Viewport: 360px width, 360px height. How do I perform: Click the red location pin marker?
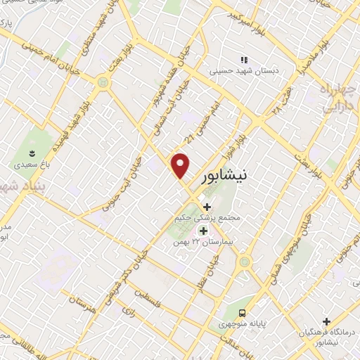tap(181, 166)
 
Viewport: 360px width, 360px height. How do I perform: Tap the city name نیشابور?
tap(224, 177)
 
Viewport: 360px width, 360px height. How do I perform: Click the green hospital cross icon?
tap(203, 231)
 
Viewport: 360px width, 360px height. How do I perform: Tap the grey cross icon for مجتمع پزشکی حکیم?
tap(207, 207)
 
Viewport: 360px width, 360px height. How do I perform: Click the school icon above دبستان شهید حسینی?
tap(244, 60)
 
